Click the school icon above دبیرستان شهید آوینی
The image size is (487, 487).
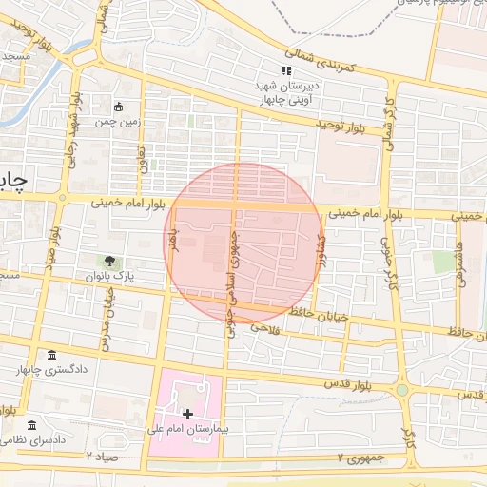[285, 70]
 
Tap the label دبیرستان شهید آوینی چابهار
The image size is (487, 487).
[285, 90]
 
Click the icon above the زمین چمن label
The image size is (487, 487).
[119, 107]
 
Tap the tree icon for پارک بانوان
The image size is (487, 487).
[111, 261]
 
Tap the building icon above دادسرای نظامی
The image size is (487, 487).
[32, 424]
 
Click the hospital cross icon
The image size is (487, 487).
[187, 414]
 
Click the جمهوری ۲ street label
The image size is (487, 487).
[361, 458]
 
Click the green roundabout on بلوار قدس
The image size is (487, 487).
[402, 390]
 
